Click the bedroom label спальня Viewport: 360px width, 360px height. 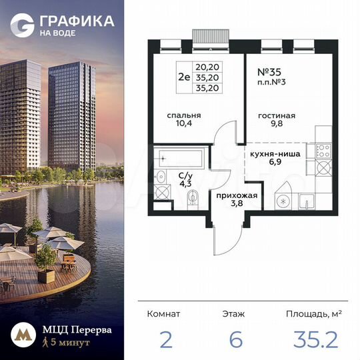click(x=184, y=115)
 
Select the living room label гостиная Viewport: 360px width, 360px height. click(x=276, y=115)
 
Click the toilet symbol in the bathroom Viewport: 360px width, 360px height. click(x=193, y=197)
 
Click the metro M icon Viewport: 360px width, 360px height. click(x=21, y=336)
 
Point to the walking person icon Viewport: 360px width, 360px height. click(x=45, y=343)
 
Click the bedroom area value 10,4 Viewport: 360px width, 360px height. click(x=184, y=124)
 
